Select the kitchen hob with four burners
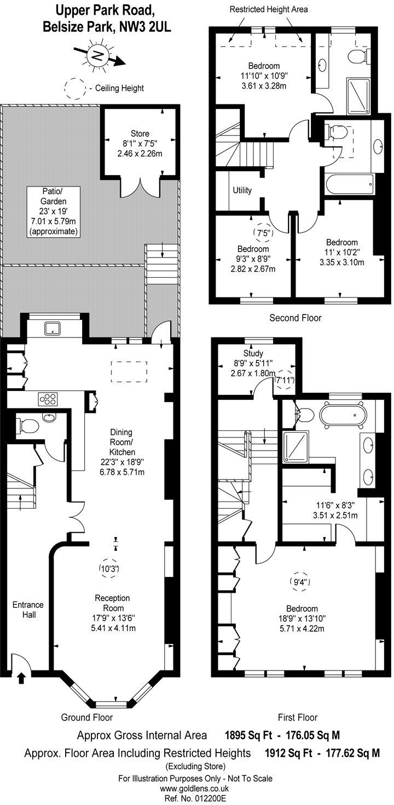48,399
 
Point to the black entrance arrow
21,679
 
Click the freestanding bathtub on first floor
344,415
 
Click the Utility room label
242,190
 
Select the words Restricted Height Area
268,9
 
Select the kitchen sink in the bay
53,328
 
